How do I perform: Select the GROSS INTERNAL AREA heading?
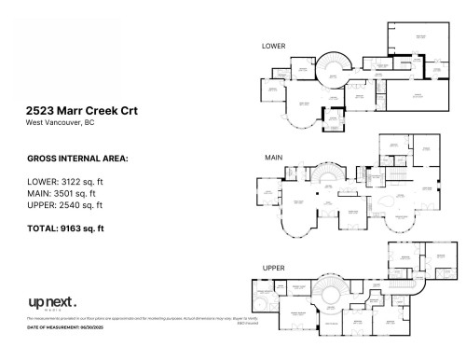[x=77, y=159]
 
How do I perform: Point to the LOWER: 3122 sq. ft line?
[x=67, y=182]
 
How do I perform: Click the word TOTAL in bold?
[x=43, y=228]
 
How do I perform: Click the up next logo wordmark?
[x=50, y=302]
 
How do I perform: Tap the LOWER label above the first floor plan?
[x=274, y=46]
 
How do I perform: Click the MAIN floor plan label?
[x=272, y=157]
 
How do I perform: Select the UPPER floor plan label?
[x=273, y=268]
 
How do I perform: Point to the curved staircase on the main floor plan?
[x=329, y=177]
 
